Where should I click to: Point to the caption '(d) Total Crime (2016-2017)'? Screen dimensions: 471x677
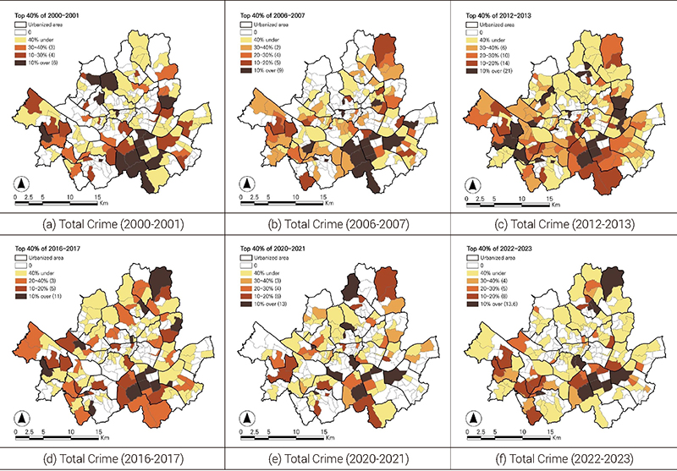(113, 457)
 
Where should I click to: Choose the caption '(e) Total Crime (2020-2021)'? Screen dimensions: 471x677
(338, 457)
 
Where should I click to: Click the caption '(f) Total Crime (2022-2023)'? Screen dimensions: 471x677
(564, 457)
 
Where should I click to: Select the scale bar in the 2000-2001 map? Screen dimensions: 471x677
(55, 202)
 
